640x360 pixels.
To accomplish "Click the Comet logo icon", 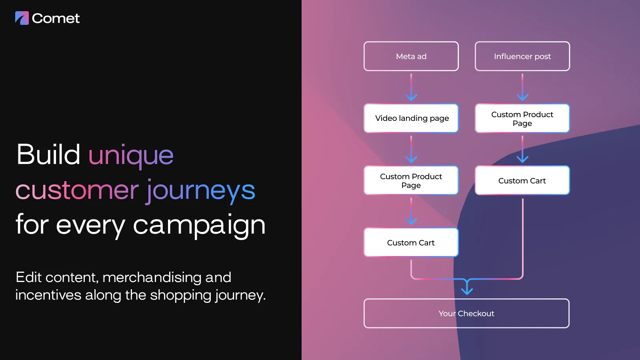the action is pyautogui.click(x=22, y=18).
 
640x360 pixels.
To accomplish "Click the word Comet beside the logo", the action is pyautogui.click(x=56, y=18).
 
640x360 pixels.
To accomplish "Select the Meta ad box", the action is pyautogui.click(x=411, y=56).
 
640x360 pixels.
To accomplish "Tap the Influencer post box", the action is pyautogui.click(x=522, y=56).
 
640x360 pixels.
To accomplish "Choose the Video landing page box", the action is pyautogui.click(x=411, y=118).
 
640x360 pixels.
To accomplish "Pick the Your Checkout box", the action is pyautogui.click(x=466, y=314).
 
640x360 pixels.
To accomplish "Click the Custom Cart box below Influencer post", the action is pyautogui.click(x=522, y=180).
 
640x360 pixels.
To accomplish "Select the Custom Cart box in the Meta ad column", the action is pyautogui.click(x=411, y=242).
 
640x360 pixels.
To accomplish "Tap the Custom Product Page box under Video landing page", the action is pyautogui.click(x=411, y=180).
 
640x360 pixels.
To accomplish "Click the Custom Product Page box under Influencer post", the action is pyautogui.click(x=522, y=118).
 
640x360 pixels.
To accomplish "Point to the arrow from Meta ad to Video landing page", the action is pyautogui.click(x=411, y=87).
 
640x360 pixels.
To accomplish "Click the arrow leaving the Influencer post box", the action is pyautogui.click(x=522, y=87).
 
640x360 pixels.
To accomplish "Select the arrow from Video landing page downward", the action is pyautogui.click(x=411, y=149).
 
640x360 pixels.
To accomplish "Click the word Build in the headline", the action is pyautogui.click(x=48, y=154).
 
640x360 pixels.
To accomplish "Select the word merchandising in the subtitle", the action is pyautogui.click(x=152, y=277).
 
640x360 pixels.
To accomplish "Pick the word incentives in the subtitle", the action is pyautogui.click(x=48, y=295).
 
